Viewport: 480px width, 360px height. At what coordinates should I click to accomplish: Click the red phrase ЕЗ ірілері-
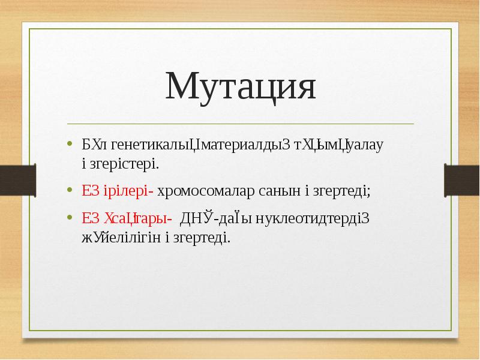tap(118, 191)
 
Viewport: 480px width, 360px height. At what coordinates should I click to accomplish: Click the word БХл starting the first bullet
tap(94, 145)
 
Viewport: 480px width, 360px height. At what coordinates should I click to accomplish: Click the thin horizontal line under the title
tap(240, 124)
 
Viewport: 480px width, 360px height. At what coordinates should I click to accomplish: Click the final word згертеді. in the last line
tap(201, 237)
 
